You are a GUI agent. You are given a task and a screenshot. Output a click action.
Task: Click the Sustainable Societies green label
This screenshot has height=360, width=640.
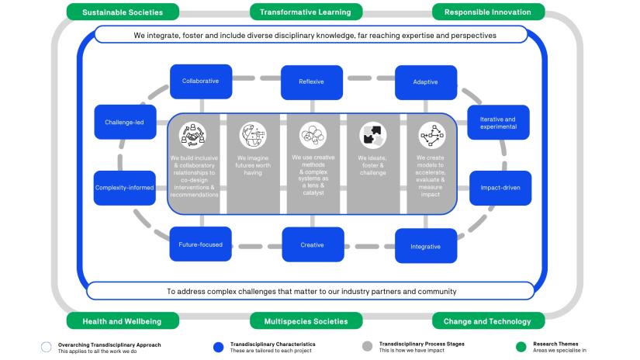123,12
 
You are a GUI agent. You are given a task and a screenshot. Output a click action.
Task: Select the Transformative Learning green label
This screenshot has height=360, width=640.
305,12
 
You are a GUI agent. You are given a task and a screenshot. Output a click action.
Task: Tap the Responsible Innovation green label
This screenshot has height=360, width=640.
488,12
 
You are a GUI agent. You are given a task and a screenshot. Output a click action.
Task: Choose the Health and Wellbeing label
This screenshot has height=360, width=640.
123,321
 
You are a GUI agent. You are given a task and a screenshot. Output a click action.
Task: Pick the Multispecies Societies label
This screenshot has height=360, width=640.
306,321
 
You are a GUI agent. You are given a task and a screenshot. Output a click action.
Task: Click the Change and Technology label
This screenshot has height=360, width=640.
488,321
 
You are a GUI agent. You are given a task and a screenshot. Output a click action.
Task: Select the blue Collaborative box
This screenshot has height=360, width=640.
200,81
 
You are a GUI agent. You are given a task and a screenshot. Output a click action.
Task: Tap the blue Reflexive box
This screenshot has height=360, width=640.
312,81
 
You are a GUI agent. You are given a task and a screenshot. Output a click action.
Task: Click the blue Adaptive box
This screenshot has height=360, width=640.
425,81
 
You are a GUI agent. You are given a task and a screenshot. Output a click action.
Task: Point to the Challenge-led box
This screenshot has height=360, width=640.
124,122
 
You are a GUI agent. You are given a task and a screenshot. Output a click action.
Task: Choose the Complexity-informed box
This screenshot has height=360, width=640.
124,188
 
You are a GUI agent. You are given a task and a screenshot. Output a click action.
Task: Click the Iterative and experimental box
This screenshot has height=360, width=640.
498,123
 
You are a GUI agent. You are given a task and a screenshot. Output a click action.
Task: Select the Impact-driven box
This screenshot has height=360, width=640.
500,188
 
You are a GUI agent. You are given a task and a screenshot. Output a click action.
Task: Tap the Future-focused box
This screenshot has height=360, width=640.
200,244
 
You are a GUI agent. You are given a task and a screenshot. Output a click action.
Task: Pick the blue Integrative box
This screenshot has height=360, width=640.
425,247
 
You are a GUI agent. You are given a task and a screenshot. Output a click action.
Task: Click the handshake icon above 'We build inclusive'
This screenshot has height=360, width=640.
192,135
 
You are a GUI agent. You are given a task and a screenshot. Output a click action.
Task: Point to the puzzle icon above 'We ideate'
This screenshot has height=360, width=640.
372,135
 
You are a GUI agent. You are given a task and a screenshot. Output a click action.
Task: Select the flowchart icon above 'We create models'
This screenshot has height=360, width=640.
431,135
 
